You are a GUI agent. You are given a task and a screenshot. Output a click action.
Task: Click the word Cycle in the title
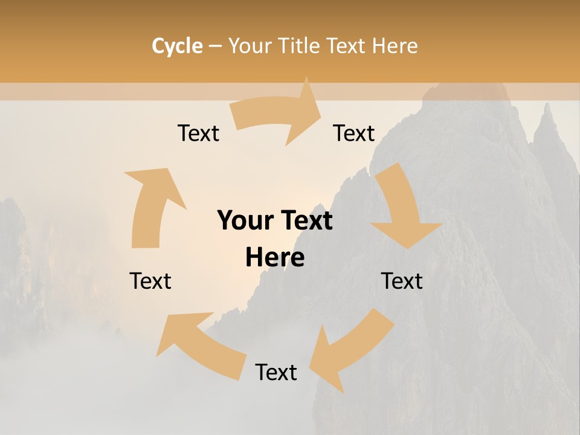pos(177,46)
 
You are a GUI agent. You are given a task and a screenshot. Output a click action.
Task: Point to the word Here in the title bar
pos(395,46)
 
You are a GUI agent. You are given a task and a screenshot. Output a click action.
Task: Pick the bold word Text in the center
pos(304,221)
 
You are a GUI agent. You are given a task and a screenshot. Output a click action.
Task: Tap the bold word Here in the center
pos(275,258)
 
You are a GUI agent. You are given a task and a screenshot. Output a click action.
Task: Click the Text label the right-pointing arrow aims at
pos(354,133)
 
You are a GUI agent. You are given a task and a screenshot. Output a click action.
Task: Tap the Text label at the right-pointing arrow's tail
pos(198,133)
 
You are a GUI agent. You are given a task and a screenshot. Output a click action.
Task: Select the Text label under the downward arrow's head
pos(402,281)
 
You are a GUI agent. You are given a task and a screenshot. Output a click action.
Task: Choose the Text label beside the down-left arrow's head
pos(276,372)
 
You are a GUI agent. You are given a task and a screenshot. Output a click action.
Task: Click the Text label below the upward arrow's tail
pos(150,281)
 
